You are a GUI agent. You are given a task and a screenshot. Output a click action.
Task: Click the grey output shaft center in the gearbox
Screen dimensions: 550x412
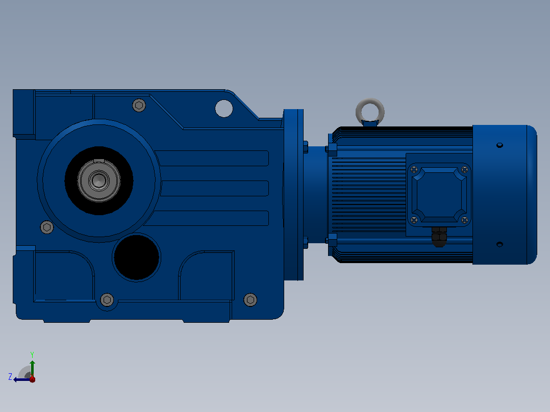click(99, 181)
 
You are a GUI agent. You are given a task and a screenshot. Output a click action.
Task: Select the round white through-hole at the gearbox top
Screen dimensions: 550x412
click(224, 108)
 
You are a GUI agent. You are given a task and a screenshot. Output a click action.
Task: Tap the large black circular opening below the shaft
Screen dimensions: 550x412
click(136, 257)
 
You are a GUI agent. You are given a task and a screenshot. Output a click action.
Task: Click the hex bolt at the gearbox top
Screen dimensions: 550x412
click(139, 105)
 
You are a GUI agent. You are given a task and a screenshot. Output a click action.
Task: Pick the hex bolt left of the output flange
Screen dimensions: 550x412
click(47, 227)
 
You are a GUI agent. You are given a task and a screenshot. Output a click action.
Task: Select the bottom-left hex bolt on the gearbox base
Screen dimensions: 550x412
click(107, 300)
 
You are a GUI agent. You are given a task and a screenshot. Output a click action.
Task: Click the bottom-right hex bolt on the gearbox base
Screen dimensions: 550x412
click(250, 300)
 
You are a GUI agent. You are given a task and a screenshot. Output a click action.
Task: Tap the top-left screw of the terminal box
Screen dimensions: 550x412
click(414, 170)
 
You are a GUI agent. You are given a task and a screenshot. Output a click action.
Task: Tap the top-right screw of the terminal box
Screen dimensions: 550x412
click(465, 170)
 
